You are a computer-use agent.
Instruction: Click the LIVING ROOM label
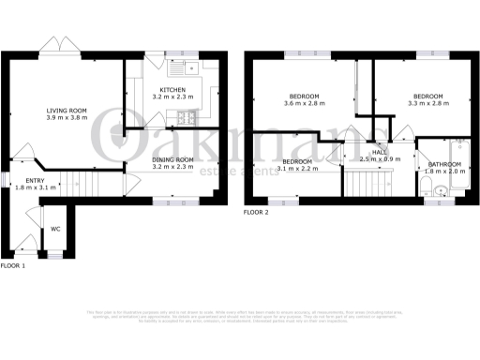pyautogui.click(x=67, y=111)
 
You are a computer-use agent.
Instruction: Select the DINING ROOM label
pyautogui.click(x=172, y=160)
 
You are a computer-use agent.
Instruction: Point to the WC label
pyautogui.click(x=55, y=227)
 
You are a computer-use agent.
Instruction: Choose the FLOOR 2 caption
pyautogui.click(x=256, y=213)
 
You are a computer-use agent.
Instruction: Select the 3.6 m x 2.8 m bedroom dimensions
pyautogui.click(x=303, y=105)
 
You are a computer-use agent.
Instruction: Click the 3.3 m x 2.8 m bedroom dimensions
pyautogui.click(x=427, y=105)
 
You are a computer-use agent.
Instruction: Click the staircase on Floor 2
pyautogui.click(x=364, y=182)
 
